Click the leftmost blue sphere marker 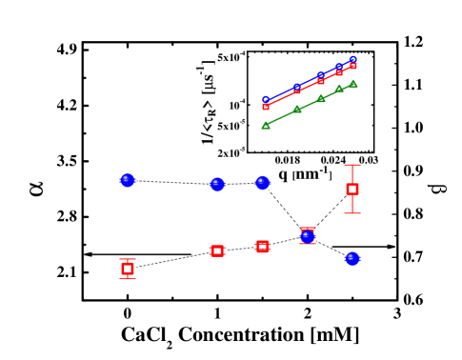(x=128, y=180)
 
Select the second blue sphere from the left (x=217, y=184)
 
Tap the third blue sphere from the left (x=262, y=182)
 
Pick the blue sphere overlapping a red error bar (x=307, y=235)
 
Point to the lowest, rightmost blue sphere (x=352, y=258)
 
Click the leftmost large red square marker (x=128, y=269)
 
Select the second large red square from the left (x=217, y=250)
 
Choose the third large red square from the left (x=262, y=247)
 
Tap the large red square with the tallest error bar (x=352, y=189)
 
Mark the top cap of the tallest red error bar (x=352, y=166)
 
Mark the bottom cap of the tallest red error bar (x=352, y=213)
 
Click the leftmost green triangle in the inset (x=266, y=125)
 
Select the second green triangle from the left (x=297, y=109)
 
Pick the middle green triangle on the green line (x=321, y=97)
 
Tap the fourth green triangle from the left (x=339, y=89)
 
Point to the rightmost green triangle (x=353, y=84)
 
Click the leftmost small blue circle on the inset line (x=266, y=99)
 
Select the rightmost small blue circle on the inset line (x=353, y=59)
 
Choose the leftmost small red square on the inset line (x=266, y=106)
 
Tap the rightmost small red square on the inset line (x=353, y=66)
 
